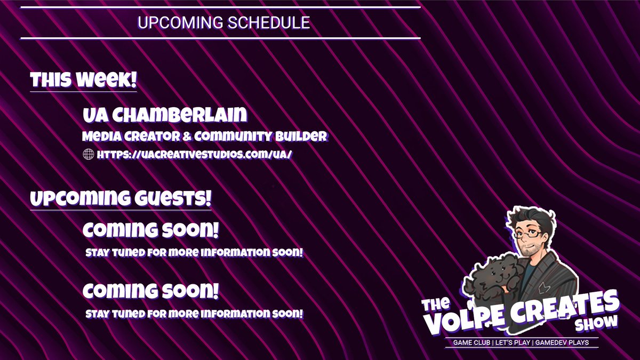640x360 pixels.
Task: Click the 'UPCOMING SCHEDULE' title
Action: (223, 23)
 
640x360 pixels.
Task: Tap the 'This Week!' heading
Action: (84, 81)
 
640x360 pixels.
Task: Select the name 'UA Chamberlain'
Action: (165, 114)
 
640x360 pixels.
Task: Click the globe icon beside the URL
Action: (89, 155)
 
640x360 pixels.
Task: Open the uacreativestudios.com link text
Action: (195, 155)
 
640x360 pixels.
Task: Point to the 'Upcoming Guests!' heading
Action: (121, 199)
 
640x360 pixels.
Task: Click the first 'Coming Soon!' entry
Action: (150, 231)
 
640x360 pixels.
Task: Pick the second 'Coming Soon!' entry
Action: (150, 291)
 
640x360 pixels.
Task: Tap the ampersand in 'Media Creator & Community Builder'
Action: (186, 137)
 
